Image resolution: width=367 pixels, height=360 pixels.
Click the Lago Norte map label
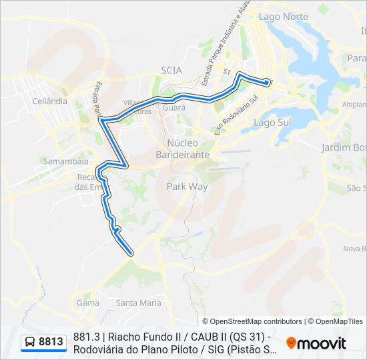coord(283,16)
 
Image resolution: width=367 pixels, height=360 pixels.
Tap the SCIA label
coord(171,69)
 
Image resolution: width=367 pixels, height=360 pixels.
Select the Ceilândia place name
coord(49,101)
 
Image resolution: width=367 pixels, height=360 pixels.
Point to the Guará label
coord(173,107)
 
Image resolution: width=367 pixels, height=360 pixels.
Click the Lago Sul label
coord(272,123)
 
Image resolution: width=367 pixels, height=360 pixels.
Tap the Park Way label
coord(187,187)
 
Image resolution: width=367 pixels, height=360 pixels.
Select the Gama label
coord(87,303)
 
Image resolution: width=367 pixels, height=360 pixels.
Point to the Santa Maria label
coord(138,303)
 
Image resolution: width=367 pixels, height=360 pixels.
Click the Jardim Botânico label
coord(344,147)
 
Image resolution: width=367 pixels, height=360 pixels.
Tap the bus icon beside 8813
coord(30,343)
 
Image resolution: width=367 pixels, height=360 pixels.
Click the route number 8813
coord(51,343)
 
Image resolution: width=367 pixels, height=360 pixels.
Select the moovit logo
coord(316,343)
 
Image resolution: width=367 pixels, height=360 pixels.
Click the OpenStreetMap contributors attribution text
coord(252,321)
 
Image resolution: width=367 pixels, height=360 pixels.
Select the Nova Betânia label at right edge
coord(354,249)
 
